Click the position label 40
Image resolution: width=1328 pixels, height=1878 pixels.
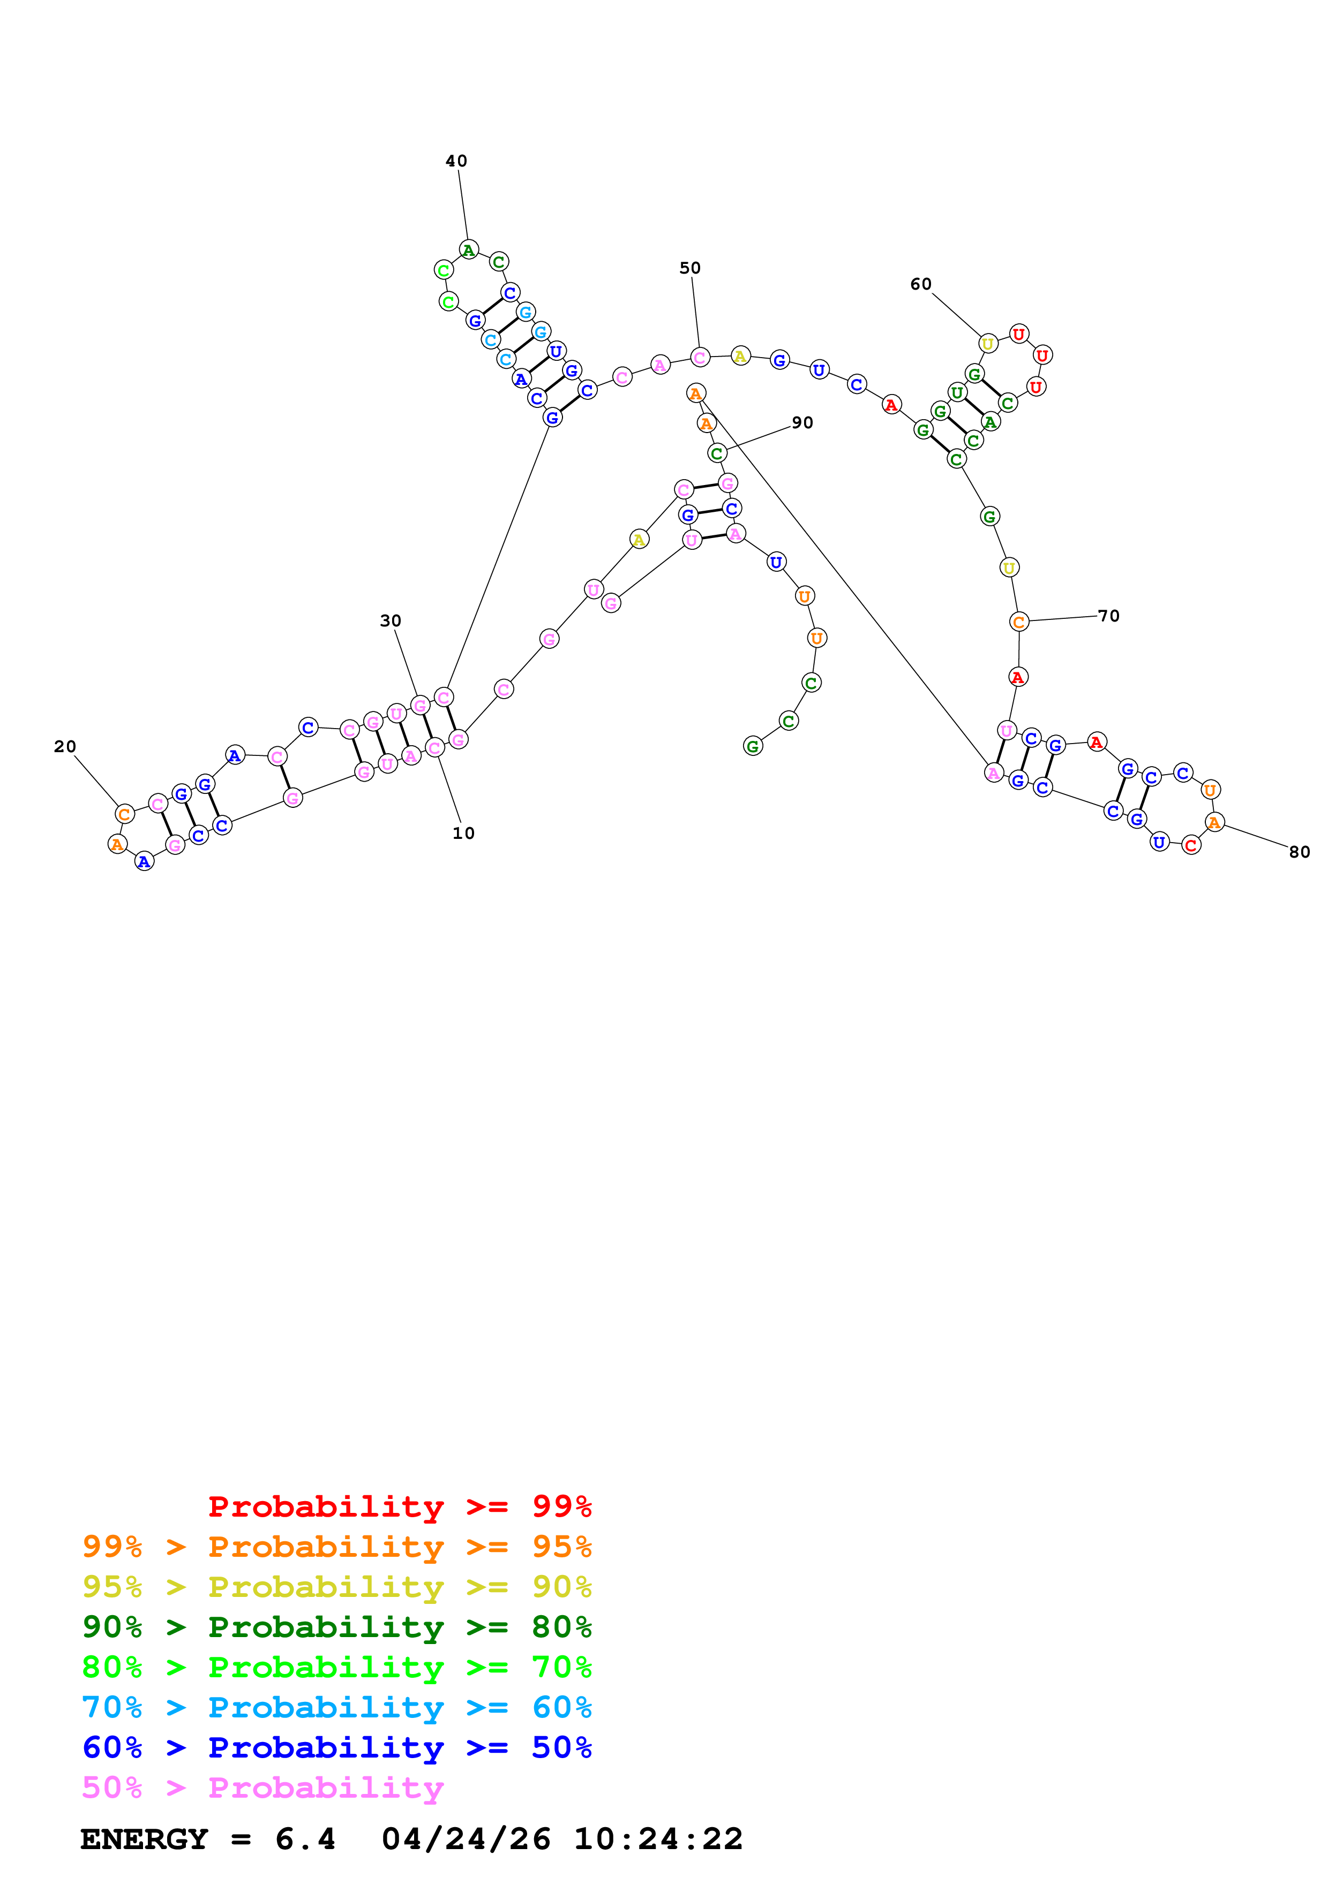pos(456,161)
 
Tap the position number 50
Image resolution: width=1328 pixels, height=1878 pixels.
pos(690,268)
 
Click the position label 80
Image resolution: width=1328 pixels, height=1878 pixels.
pos(1300,852)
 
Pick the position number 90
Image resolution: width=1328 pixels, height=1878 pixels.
pos(802,423)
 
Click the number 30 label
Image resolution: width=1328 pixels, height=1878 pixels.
pos(391,621)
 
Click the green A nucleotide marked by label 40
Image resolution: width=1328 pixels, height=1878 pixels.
pos(468,251)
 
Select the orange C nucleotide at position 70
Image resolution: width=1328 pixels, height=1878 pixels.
pos(1019,623)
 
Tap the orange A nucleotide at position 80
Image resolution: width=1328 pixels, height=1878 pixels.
pos(1214,822)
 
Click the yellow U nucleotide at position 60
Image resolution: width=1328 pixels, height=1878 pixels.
pos(988,344)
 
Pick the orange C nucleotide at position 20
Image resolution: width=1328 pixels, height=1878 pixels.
pos(124,814)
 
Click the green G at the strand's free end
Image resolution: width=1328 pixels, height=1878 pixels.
pos(753,746)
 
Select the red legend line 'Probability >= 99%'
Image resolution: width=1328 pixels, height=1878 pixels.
pos(399,1506)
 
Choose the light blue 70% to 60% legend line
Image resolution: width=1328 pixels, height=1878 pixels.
pos(336,1707)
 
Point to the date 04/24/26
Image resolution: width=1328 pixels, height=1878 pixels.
pos(466,1839)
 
